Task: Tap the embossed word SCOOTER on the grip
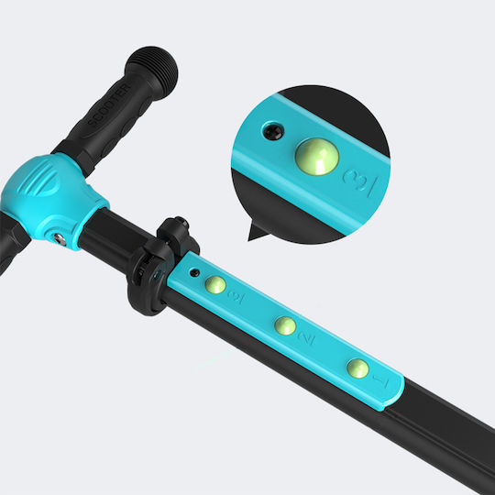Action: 108,104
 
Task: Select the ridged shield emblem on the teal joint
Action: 40,181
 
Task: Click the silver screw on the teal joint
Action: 60,239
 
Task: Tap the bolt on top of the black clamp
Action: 181,223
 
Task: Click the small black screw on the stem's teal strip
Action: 194,273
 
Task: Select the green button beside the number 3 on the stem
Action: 215,285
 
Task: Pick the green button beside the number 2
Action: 285,325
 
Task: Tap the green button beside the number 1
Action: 357,368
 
